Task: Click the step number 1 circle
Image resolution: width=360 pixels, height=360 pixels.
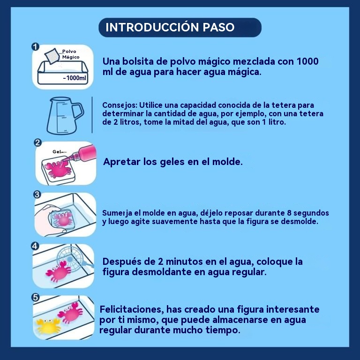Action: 35,47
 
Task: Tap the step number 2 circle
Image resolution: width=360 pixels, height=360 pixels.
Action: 37,143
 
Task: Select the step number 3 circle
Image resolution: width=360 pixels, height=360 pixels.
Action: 37,195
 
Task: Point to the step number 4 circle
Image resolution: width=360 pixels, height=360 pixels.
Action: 35,246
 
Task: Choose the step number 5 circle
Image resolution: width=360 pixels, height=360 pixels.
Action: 35,298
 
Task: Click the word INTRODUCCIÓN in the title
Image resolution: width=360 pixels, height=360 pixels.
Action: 152,27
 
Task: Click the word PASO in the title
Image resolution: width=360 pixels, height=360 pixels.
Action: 218,27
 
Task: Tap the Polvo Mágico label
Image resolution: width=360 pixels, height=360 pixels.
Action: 71,54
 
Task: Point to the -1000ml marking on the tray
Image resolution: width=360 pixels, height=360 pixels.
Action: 75,78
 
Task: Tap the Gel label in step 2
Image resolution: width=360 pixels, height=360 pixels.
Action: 57,151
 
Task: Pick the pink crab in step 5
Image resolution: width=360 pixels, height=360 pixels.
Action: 70,313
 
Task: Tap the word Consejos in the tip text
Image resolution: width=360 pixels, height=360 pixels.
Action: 120,105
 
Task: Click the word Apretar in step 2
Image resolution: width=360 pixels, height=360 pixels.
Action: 122,162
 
